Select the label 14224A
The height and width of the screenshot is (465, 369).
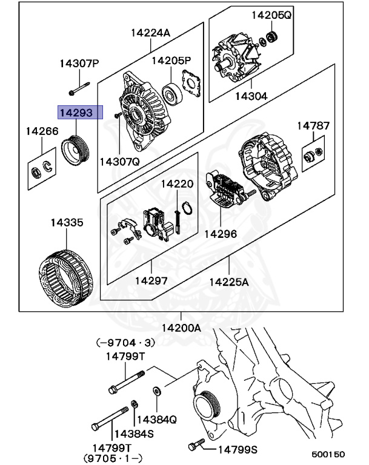tap(150, 33)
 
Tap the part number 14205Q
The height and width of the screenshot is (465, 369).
tap(272, 15)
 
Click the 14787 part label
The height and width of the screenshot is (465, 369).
tap(313, 126)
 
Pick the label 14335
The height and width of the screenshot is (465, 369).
tap(67, 223)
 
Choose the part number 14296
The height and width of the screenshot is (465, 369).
tap(221, 234)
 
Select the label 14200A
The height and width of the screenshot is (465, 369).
tap(181, 328)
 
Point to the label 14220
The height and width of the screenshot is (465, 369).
tap(177, 184)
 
